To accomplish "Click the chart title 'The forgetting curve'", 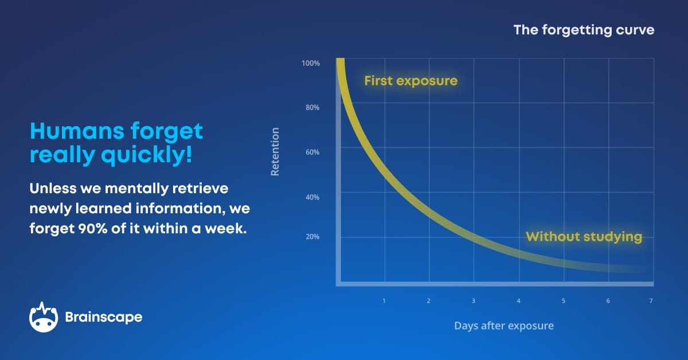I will [x=584, y=30].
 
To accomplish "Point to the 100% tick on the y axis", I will [x=310, y=63].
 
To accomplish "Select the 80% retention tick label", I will [x=311, y=108].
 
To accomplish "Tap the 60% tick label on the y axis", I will [x=311, y=152].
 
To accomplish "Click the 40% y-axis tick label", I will [x=311, y=197].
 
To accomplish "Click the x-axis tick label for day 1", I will [x=384, y=301].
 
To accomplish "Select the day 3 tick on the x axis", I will [x=474, y=301].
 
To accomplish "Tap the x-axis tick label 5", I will [x=563, y=301].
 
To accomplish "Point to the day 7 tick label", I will [x=651, y=301].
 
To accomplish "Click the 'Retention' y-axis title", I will [x=275, y=151].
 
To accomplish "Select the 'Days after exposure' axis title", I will [x=504, y=326].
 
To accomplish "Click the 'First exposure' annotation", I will [x=411, y=81].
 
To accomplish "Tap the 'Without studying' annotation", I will [x=584, y=237].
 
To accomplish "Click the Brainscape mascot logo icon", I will [x=44, y=316].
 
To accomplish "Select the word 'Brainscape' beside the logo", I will [x=104, y=317].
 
